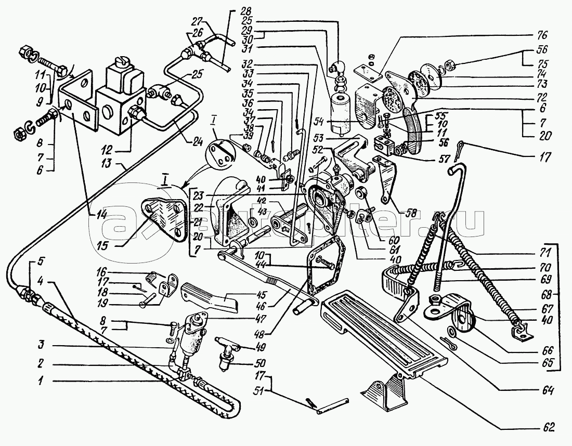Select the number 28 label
[230, 11]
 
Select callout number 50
[258, 363]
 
